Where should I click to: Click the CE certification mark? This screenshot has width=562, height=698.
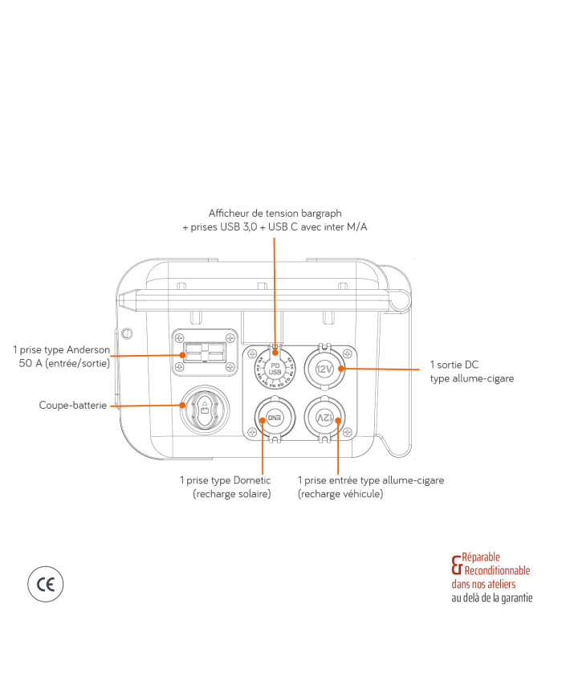pyautogui.click(x=45, y=584)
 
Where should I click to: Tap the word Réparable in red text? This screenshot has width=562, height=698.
pyautogui.click(x=482, y=556)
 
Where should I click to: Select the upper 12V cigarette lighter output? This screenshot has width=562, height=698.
pyautogui.click(x=324, y=369)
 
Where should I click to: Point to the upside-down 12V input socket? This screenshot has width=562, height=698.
pyautogui.click(x=324, y=418)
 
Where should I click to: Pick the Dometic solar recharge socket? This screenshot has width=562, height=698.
pyautogui.click(x=274, y=418)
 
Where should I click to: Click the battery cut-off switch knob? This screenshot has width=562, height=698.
pyautogui.click(x=205, y=407)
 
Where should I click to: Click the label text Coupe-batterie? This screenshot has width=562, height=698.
pyautogui.click(x=71, y=406)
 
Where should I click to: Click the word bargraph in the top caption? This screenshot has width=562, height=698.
pyautogui.click(x=320, y=214)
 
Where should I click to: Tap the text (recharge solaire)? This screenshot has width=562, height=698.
pyautogui.click(x=231, y=494)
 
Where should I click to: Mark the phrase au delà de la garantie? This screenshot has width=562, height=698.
pyautogui.click(x=491, y=598)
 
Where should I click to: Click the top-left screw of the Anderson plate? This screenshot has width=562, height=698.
pyautogui.click(x=179, y=337)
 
